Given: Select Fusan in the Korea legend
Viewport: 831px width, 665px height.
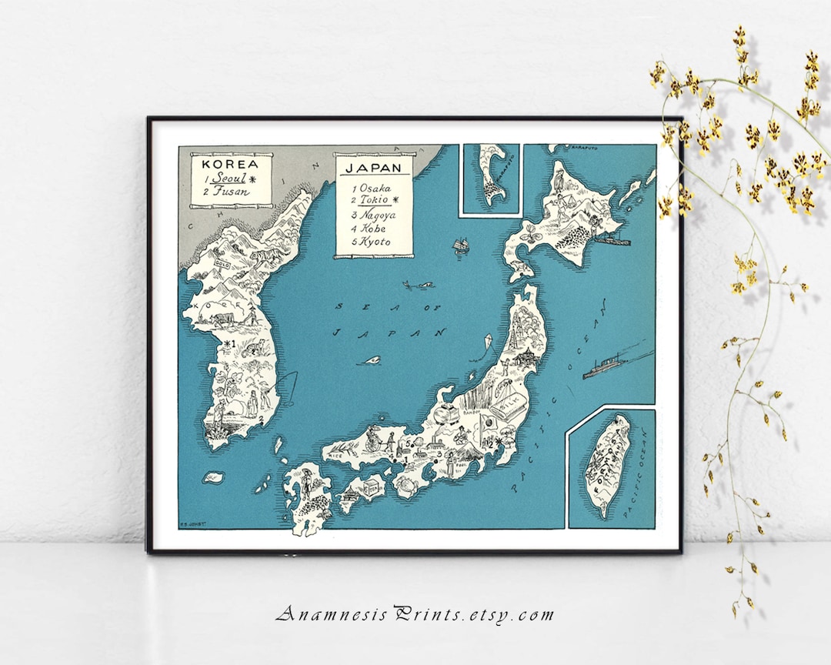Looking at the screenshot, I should pyautogui.click(x=230, y=192).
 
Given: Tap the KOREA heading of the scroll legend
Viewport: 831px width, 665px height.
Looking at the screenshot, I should pyautogui.click(x=225, y=163).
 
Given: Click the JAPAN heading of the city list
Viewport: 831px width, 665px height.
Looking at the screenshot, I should pyautogui.click(x=373, y=167).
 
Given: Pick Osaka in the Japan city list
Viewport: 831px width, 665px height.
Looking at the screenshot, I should pyautogui.click(x=375, y=188).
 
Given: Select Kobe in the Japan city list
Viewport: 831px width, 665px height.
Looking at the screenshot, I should pyautogui.click(x=373, y=228).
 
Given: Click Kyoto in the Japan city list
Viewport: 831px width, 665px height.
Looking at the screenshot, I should pyautogui.click(x=375, y=242).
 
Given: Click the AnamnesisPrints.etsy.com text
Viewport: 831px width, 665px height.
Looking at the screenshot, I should pyautogui.click(x=415, y=614).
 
